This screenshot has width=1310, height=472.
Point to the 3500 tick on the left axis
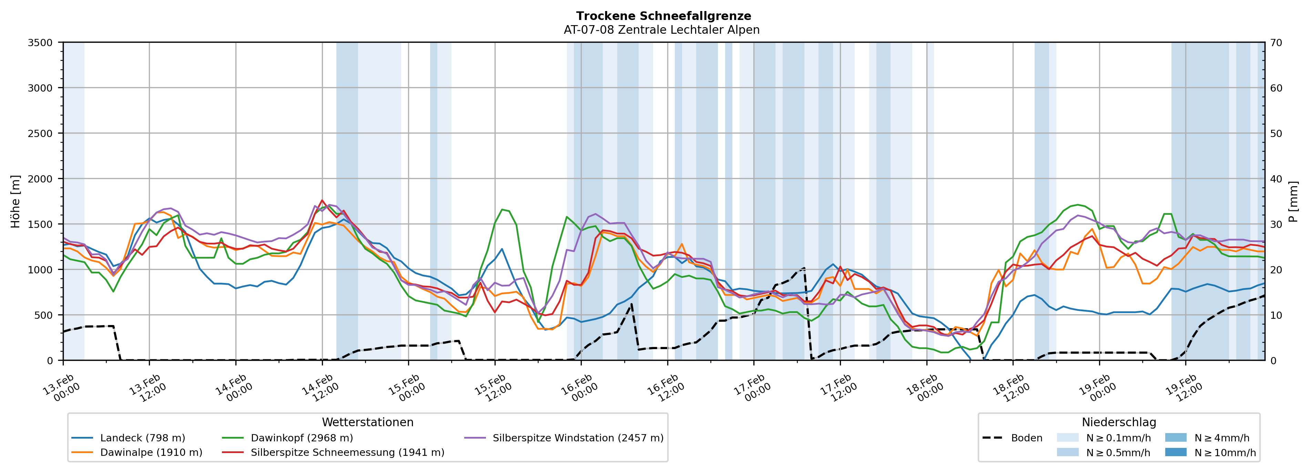click(x=40, y=43)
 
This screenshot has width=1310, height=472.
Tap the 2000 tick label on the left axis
click(x=40, y=179)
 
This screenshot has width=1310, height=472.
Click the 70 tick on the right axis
click(x=1276, y=43)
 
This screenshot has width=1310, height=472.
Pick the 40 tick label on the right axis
click(x=1276, y=179)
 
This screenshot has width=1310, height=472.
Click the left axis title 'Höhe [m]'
click(x=16, y=201)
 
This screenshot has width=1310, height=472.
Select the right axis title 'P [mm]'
click(x=1293, y=201)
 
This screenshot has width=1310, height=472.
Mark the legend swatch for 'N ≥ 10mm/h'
click(x=1176, y=452)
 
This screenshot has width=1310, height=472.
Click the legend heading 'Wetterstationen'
click(x=368, y=422)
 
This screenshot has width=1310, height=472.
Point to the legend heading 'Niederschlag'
click(x=1119, y=422)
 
